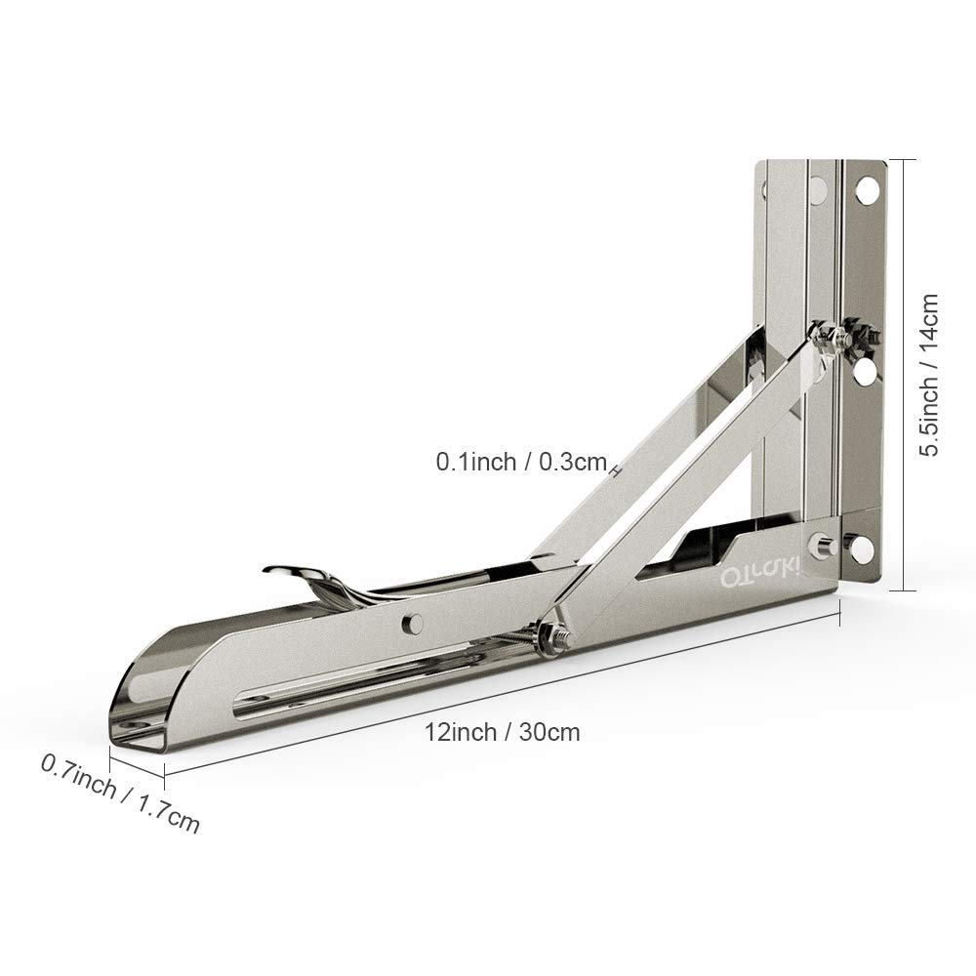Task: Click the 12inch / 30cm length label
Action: point(502,732)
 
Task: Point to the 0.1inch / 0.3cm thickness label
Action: point(521,462)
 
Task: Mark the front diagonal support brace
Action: point(683,478)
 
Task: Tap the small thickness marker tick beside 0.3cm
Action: point(616,469)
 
